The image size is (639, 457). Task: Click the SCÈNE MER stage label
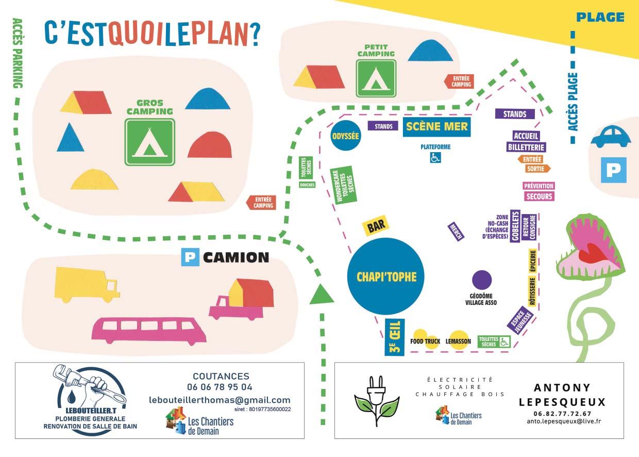[437, 126]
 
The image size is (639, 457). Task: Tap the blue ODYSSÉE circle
[345, 136]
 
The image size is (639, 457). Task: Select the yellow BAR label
[376, 225]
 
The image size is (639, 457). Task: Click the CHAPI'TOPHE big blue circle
[386, 276]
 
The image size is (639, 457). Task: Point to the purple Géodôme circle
[482, 280]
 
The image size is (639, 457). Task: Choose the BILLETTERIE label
[526, 147]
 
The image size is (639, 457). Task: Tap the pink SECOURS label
[539, 196]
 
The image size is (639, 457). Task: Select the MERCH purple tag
[456, 232]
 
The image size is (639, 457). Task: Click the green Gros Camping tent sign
[149, 142]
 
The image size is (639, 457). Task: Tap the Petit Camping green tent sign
[376, 78]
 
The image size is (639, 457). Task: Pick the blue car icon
[610, 136]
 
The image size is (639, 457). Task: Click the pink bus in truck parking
[149, 331]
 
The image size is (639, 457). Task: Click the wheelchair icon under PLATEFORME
[435, 158]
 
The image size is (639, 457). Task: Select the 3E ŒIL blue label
[395, 337]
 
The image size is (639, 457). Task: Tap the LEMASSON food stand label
[458, 341]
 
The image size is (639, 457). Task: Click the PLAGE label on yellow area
[600, 18]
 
